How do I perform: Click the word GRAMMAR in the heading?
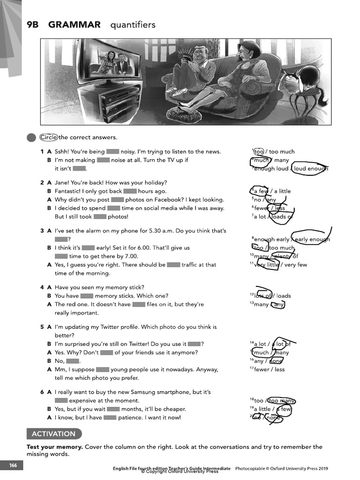(74, 25)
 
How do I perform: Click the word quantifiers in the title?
(133, 25)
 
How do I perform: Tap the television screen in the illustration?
(113, 61)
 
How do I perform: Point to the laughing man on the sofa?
(192, 70)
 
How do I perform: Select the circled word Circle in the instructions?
(49, 137)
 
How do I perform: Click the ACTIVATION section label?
(53, 434)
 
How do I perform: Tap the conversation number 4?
(42, 287)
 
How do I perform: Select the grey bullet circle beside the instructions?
(31, 137)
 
